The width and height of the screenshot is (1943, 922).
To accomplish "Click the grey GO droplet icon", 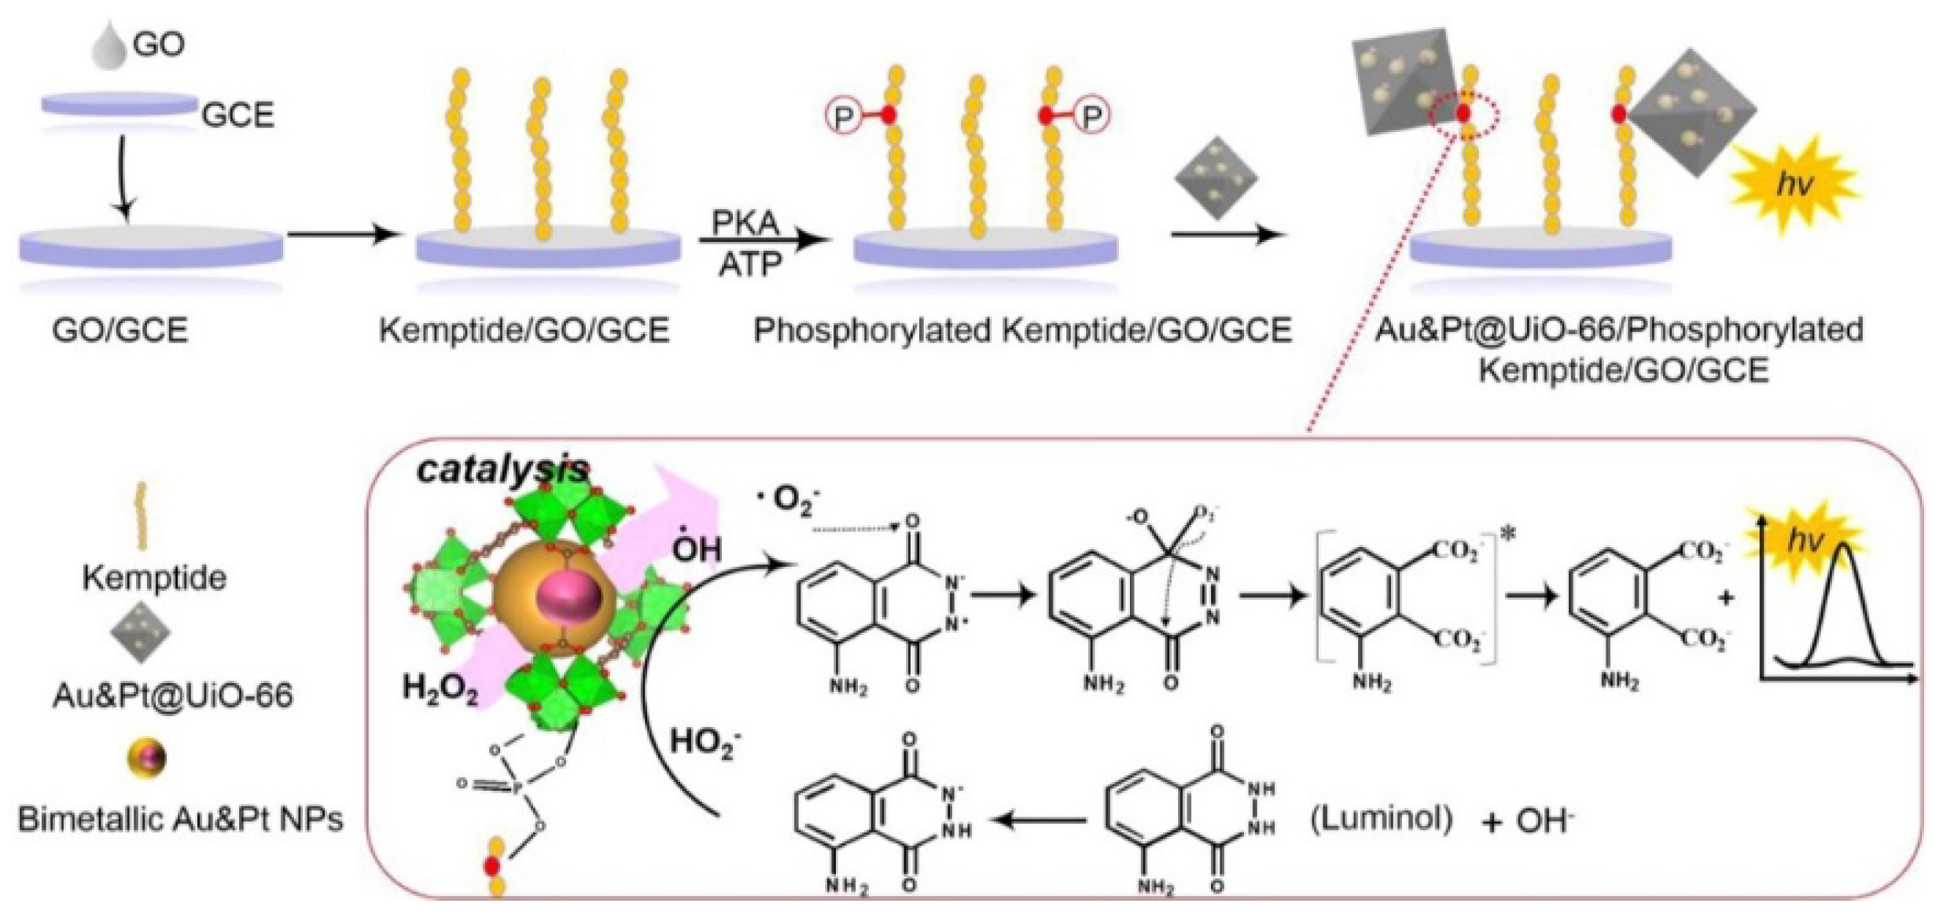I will click(x=109, y=47).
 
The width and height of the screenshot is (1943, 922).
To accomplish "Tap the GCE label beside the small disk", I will click(x=238, y=115).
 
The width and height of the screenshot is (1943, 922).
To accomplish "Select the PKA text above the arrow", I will click(x=745, y=222).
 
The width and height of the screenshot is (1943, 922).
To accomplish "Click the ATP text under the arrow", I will click(x=749, y=266).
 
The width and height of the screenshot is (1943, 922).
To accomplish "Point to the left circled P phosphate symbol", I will click(x=842, y=117).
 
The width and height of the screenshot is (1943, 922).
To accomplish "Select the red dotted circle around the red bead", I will click(x=1463, y=115).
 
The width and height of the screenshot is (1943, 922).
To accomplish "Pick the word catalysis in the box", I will click(x=502, y=469).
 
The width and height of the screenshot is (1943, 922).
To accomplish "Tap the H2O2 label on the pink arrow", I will click(x=440, y=689).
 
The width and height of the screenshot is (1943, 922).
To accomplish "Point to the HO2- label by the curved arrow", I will click(x=705, y=742).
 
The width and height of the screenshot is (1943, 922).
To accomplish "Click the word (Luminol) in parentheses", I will click(x=1381, y=820).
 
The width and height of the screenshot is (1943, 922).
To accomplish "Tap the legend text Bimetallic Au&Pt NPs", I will click(x=181, y=819).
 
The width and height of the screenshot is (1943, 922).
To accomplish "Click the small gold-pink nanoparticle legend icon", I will click(x=147, y=758).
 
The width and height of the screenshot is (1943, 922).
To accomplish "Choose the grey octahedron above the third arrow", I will click(x=1216, y=178).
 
